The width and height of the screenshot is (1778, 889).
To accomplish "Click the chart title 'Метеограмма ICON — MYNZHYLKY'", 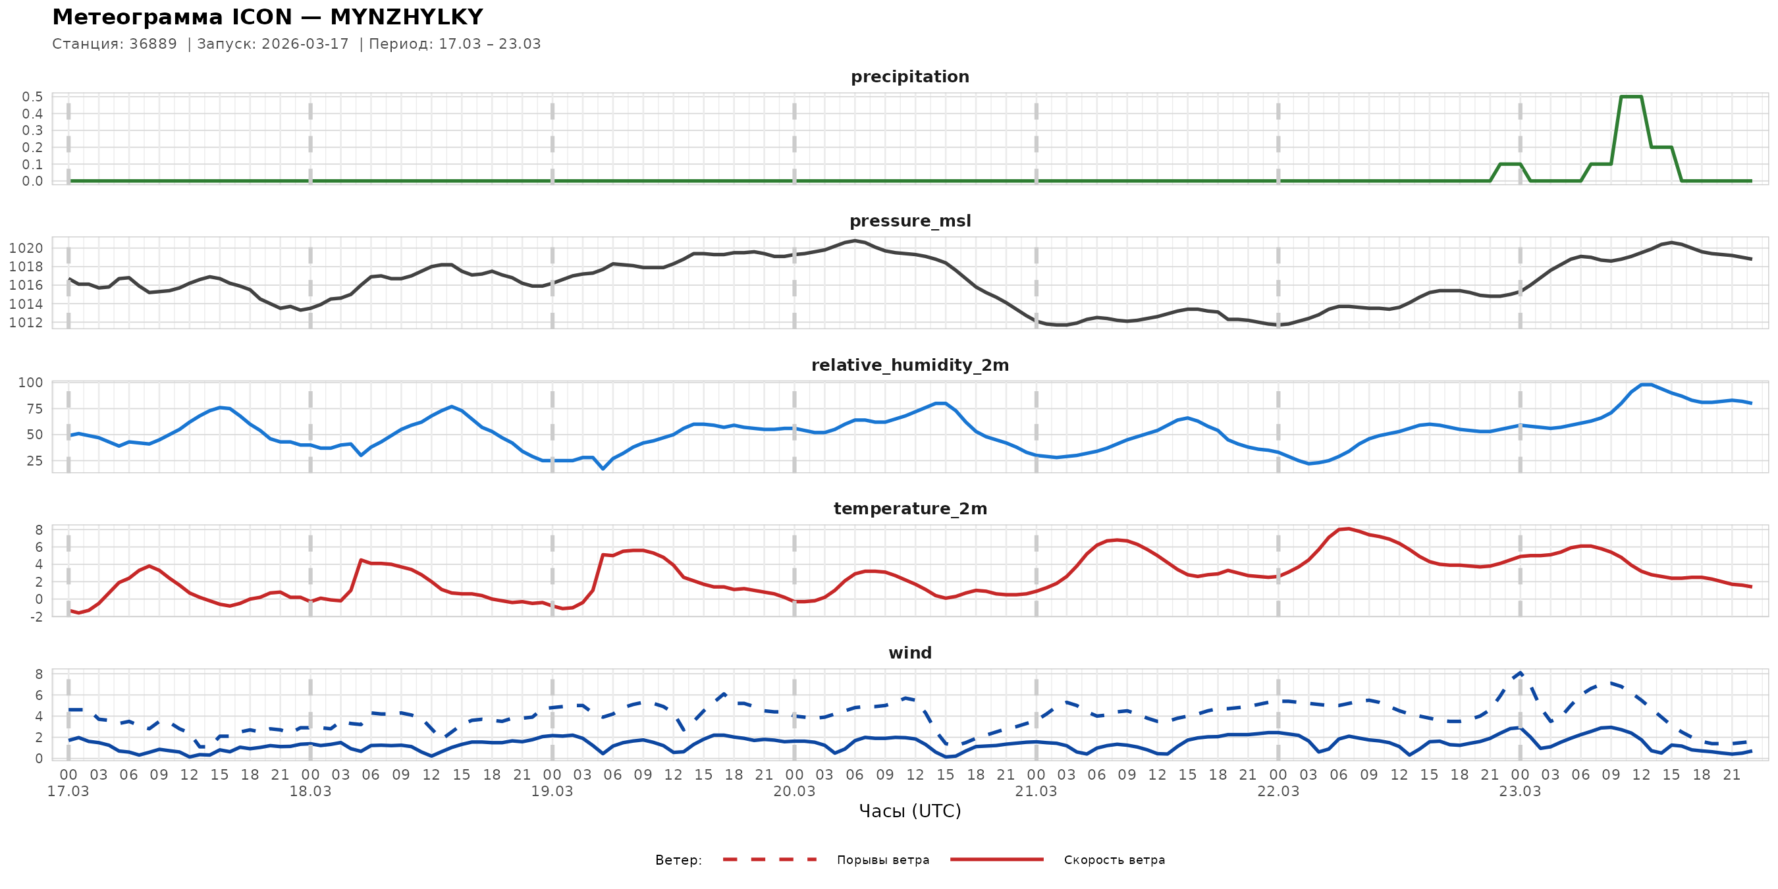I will pos(267,16).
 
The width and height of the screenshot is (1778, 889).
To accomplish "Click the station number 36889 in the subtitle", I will pos(153,44).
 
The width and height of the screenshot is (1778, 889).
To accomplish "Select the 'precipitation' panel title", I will pos(909,76).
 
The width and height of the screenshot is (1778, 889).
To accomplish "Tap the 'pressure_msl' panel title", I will pos(909,221).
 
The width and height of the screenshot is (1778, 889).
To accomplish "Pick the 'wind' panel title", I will pos(909,653).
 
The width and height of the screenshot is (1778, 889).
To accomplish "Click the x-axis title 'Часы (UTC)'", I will pos(909,811).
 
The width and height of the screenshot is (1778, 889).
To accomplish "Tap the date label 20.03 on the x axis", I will pos(794,792).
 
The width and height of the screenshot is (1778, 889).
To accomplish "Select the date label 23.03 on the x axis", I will pos(1520,792).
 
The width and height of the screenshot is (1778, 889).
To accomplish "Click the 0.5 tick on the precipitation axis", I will pos(32,97).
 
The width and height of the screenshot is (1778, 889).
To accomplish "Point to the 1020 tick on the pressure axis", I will pos(26,248).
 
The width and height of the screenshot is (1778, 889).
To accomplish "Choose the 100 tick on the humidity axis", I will pos(30,383).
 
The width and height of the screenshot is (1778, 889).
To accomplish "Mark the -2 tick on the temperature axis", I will pos(35,617).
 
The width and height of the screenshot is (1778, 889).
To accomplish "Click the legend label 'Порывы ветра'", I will pos(883,860).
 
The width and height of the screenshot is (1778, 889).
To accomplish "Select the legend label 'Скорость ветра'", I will pos(1114,860).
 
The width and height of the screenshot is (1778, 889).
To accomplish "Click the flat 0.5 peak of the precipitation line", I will pos(1630,97).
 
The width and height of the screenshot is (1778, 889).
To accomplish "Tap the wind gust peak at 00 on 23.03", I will pos(1521,673).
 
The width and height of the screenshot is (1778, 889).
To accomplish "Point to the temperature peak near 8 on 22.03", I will pos(1348,529).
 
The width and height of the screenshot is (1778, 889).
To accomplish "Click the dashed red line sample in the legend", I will pos(770,860).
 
